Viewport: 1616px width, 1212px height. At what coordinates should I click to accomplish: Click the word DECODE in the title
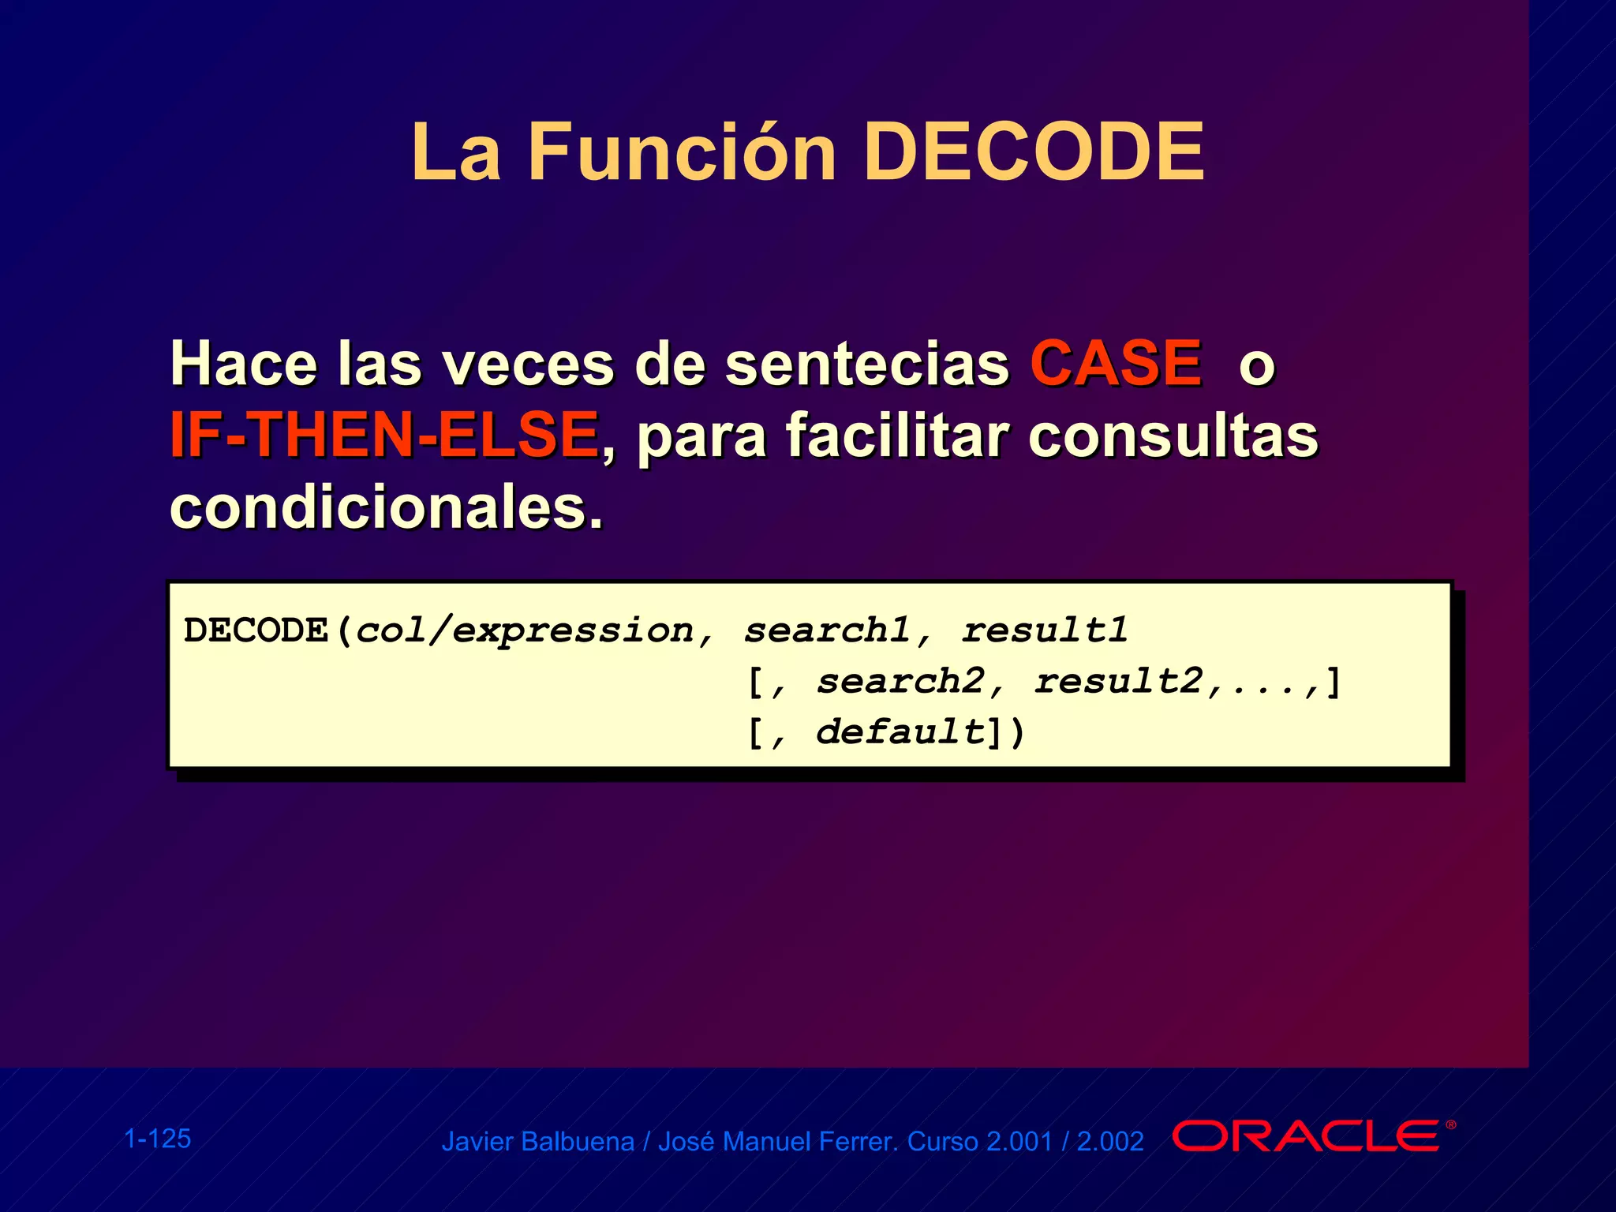pos(1034,152)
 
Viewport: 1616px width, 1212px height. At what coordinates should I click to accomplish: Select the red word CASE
pos(1116,364)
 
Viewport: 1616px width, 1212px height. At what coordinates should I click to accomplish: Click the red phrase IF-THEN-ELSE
pos(384,435)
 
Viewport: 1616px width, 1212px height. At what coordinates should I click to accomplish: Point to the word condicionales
pos(386,507)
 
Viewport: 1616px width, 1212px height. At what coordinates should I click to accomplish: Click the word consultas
pos(1173,436)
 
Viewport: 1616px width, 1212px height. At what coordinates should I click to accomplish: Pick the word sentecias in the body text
pos(866,364)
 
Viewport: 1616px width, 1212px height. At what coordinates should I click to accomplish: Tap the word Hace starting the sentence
pos(243,364)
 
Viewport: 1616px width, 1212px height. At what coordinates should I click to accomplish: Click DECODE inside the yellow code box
pos(256,630)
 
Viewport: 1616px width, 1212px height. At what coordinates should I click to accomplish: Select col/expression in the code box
pos(525,631)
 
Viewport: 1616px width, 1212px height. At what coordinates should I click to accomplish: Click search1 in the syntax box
pos(827,630)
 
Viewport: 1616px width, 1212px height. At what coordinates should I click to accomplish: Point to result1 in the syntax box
pos(1045,630)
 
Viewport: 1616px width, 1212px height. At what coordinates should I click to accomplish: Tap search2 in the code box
pos(900,682)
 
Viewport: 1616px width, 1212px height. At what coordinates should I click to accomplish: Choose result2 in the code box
pos(1118,682)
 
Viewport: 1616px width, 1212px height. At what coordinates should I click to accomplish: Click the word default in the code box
pos(900,732)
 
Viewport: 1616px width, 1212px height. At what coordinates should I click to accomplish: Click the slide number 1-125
pos(158,1139)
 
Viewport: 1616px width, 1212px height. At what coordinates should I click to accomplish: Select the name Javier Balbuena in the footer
pos(537,1142)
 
